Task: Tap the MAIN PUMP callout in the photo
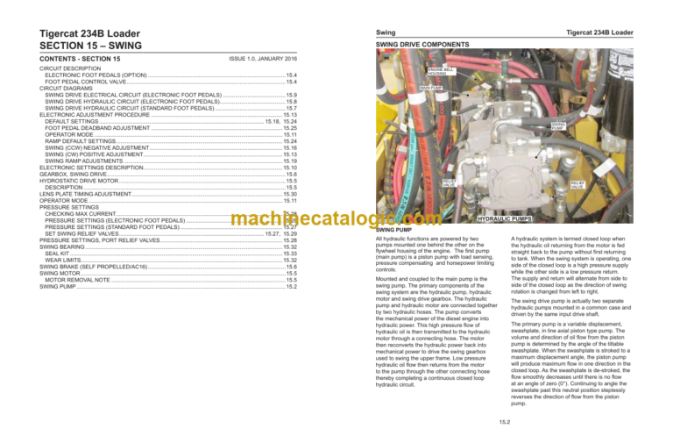point(430,88)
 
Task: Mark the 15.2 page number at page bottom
point(504,424)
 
